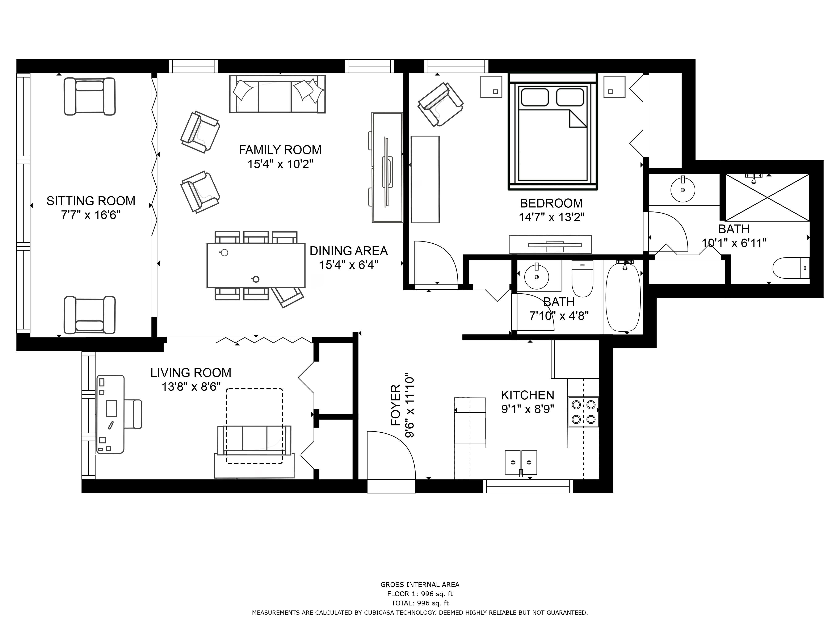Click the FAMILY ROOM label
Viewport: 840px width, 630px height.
tap(280, 150)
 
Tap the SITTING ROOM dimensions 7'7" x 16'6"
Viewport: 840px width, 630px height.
tap(91, 215)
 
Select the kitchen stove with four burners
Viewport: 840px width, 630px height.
tap(583, 412)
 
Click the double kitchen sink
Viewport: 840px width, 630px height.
tap(521, 462)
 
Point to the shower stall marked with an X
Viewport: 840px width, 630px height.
tap(767, 197)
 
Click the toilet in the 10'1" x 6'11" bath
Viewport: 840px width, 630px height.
tap(791, 268)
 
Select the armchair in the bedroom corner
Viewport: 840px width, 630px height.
tap(441, 104)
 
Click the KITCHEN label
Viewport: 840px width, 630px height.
tap(528, 395)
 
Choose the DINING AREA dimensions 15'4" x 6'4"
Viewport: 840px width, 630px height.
tap(349, 265)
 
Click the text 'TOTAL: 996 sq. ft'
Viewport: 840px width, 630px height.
tap(420, 603)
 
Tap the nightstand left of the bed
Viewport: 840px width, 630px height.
tap(491, 87)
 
